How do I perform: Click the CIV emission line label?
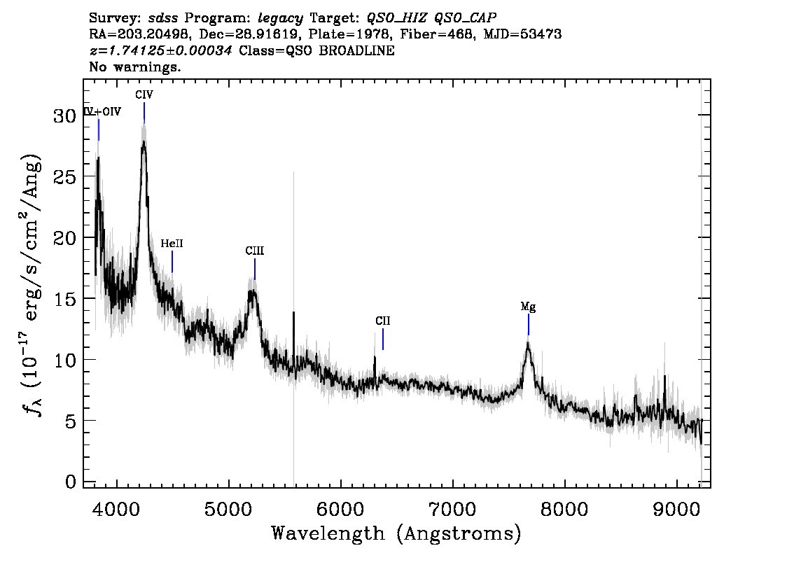(144, 94)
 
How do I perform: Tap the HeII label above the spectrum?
(172, 244)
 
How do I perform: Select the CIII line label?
(255, 251)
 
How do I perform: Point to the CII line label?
(383, 321)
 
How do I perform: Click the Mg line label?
(528, 307)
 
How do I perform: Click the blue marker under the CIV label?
(144, 113)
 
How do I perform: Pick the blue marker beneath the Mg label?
(528, 325)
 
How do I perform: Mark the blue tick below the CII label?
(383, 339)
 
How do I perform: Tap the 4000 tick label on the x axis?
(117, 510)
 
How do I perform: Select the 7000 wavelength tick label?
(452, 510)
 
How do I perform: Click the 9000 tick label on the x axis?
(676, 510)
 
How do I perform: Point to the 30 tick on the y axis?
(65, 116)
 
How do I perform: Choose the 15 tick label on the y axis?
(65, 299)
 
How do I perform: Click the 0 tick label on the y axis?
(71, 482)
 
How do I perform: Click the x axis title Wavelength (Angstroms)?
(396, 533)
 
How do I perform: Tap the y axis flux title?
(31, 283)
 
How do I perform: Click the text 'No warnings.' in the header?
(134, 66)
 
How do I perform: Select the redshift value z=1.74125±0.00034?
(160, 50)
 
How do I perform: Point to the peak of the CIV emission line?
(144, 141)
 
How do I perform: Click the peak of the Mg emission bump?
(528, 343)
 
